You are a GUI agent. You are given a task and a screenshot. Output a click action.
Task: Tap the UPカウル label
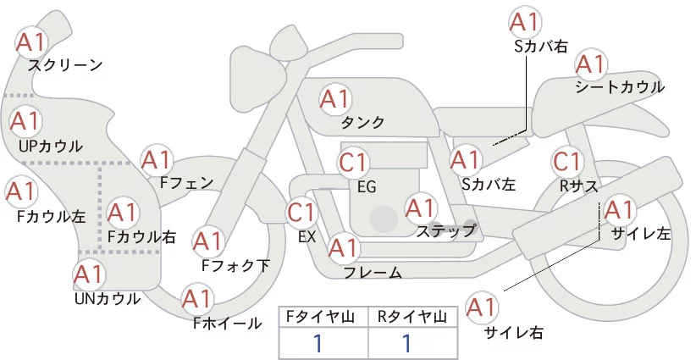click(x=50, y=146)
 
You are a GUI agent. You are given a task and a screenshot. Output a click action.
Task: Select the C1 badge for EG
click(x=354, y=162)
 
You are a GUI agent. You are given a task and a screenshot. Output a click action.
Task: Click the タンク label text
click(x=362, y=123)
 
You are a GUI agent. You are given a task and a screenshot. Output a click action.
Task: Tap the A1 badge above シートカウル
click(x=590, y=64)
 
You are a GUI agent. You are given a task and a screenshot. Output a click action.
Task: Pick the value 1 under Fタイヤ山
click(x=318, y=343)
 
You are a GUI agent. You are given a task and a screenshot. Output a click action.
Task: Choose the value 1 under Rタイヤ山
click(x=406, y=343)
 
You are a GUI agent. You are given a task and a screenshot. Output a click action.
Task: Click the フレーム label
click(x=373, y=272)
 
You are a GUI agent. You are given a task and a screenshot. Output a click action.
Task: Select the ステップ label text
click(x=446, y=230)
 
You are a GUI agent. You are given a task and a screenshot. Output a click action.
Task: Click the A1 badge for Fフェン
click(x=157, y=159)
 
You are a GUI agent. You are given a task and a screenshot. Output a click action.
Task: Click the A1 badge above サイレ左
click(x=618, y=209)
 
